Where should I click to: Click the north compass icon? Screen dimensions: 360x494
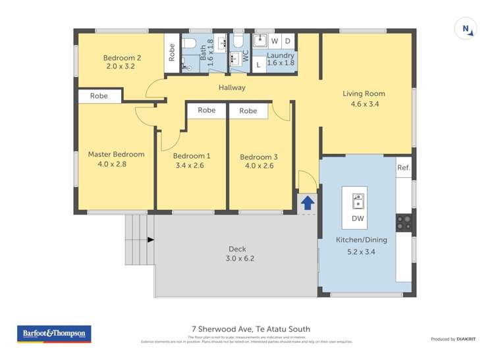pyautogui.click(x=466, y=29)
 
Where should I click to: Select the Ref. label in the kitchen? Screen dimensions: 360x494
pyautogui.click(x=403, y=168)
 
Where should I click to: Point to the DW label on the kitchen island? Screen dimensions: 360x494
pyautogui.click(x=358, y=219)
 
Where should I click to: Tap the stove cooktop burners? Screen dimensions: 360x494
pyautogui.click(x=403, y=223)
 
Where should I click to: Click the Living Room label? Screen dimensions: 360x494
pyautogui.click(x=364, y=93)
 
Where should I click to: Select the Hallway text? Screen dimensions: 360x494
pyautogui.click(x=232, y=88)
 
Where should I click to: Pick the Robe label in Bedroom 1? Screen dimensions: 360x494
pyautogui.click(x=207, y=111)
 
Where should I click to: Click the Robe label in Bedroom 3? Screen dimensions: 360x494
pyautogui.click(x=248, y=111)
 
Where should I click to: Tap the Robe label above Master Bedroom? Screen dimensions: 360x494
pyautogui.click(x=99, y=96)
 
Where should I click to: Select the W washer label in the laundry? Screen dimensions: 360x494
pyautogui.click(x=275, y=41)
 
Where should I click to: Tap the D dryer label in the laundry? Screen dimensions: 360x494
pyautogui.click(x=288, y=41)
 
